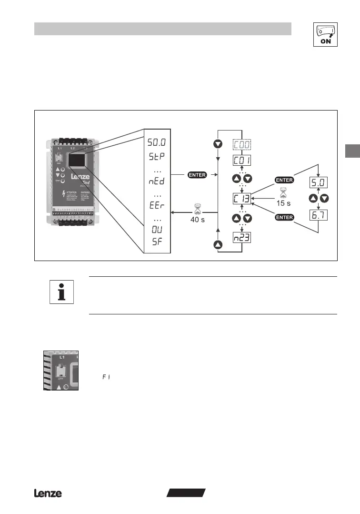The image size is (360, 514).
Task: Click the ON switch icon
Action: (x=325, y=34)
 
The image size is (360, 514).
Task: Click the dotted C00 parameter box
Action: (x=242, y=144)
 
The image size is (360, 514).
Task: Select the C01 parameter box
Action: (x=242, y=160)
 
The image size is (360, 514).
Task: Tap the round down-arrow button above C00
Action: (x=218, y=143)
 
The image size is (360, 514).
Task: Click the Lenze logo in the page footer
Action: (x=48, y=494)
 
